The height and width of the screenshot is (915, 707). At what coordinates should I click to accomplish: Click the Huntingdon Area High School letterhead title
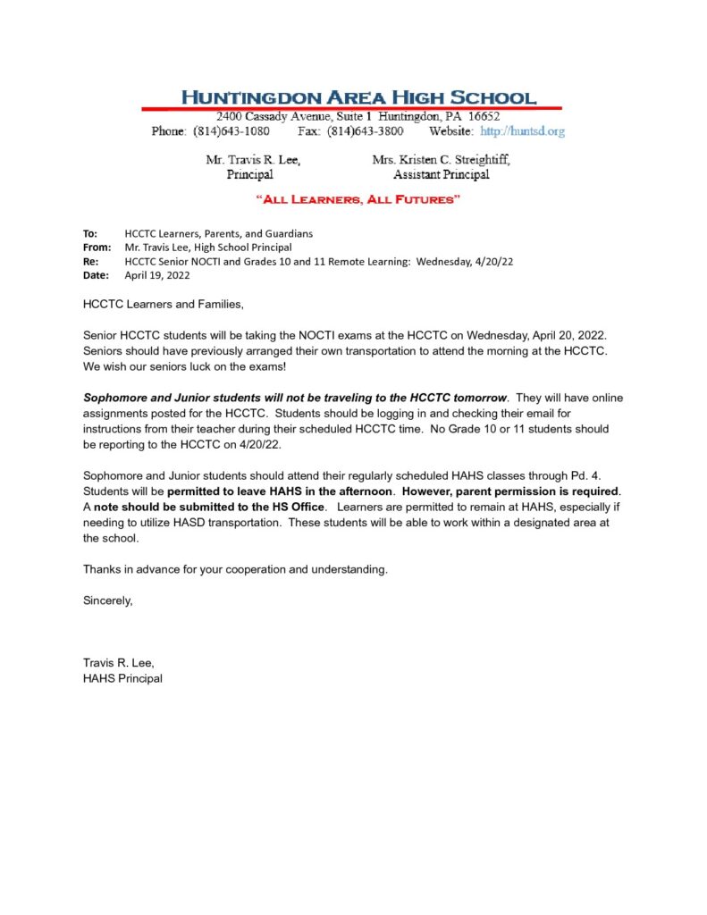click(x=359, y=97)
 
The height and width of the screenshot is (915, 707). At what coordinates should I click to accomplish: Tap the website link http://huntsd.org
click(x=522, y=131)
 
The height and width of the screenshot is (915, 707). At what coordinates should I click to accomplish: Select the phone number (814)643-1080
click(x=231, y=131)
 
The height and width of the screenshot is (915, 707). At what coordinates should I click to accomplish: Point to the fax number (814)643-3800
click(x=365, y=131)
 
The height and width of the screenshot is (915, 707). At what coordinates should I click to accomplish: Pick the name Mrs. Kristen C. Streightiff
click(x=441, y=160)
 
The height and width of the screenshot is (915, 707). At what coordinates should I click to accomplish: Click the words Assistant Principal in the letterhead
click(x=441, y=175)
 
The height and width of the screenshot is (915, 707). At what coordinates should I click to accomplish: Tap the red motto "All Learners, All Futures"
click(x=358, y=199)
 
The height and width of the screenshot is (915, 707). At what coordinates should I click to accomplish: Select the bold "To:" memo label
click(x=90, y=233)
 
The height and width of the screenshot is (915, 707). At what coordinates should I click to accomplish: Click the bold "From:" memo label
click(x=97, y=247)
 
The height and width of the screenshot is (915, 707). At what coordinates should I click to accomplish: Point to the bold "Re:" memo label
click(x=90, y=261)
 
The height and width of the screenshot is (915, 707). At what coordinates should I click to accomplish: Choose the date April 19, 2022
click(x=156, y=275)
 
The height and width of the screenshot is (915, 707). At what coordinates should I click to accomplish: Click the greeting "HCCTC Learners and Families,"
click(x=163, y=305)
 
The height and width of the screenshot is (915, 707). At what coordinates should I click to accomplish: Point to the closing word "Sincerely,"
click(x=108, y=600)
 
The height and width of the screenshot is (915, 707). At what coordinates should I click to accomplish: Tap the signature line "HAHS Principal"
click(x=122, y=678)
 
